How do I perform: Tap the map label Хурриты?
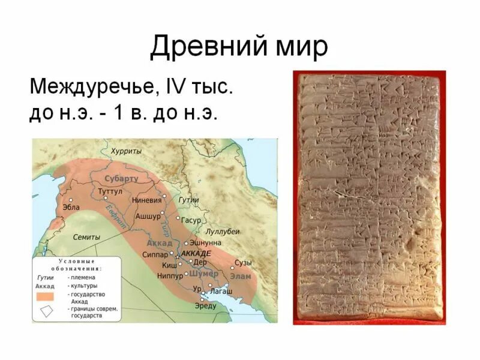pyautogui.click(x=126, y=152)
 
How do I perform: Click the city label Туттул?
pyautogui.click(x=110, y=191)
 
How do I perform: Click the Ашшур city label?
pyautogui.click(x=148, y=215)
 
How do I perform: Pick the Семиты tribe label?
pyautogui.click(x=86, y=238)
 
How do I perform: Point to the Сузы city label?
pyautogui.click(x=243, y=263)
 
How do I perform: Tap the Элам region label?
pyautogui.click(x=240, y=276)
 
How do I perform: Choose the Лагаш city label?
pyautogui.click(x=220, y=290)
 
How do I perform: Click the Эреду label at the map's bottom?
pyautogui.click(x=205, y=306)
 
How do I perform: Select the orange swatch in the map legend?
pyautogui.click(x=46, y=296)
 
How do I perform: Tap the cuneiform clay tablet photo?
pyautogui.click(x=369, y=198)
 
